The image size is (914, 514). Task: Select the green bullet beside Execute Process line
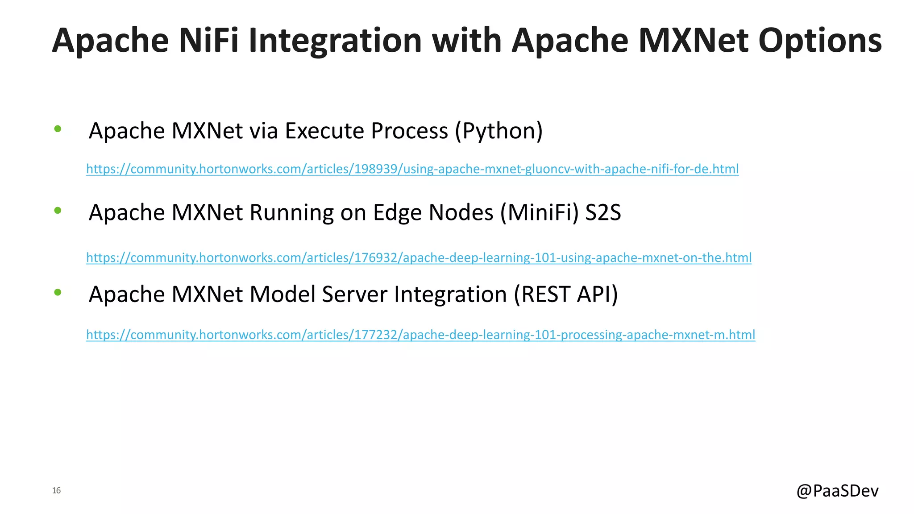(58, 129)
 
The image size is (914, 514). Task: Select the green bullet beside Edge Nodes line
(58, 211)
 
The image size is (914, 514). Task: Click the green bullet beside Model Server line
(58, 292)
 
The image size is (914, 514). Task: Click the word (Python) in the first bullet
(499, 131)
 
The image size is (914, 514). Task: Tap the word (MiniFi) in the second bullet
(539, 212)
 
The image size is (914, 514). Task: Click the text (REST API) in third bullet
(565, 294)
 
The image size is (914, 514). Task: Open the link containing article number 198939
(412, 169)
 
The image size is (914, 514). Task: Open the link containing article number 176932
(418, 258)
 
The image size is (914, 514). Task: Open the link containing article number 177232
(420, 335)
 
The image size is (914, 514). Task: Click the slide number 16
(56, 490)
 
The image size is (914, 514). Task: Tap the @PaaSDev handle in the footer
(837, 490)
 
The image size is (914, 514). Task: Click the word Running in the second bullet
(291, 212)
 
